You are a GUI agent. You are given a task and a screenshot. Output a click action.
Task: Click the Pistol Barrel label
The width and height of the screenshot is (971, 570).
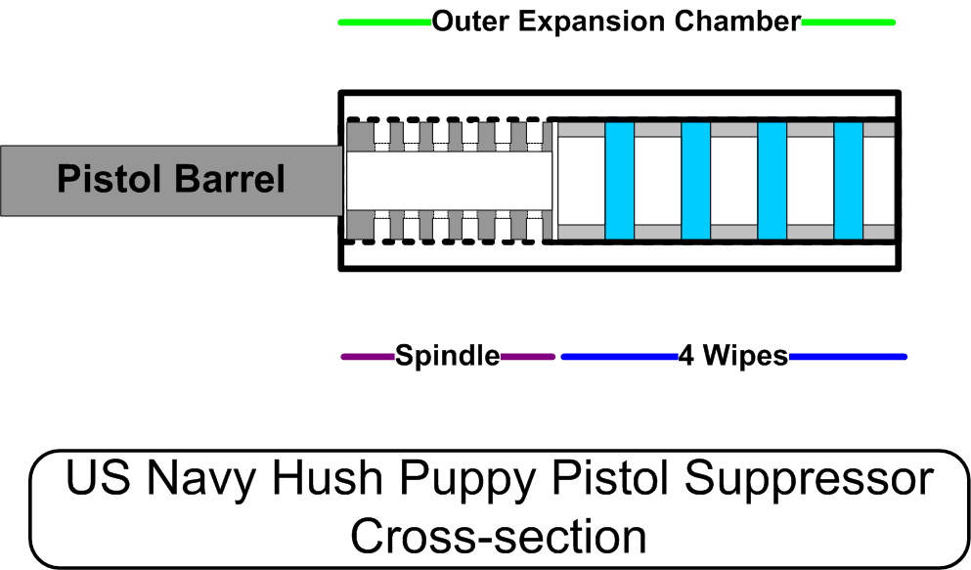[x=171, y=180]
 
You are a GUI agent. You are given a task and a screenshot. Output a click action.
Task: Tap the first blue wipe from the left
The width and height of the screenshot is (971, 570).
[x=619, y=181]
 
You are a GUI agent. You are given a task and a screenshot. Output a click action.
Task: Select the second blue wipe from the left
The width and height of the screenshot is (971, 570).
[x=695, y=181]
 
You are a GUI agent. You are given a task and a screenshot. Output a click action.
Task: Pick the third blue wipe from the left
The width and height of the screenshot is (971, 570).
[x=772, y=181]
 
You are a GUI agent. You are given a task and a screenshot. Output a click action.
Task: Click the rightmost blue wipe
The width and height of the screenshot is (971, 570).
[x=848, y=181]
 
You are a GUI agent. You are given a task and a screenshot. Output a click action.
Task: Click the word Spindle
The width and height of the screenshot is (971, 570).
[x=447, y=357]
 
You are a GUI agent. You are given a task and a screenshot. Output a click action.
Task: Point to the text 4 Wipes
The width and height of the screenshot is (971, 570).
[x=732, y=357]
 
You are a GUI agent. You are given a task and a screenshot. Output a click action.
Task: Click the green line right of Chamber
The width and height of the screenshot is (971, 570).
[x=847, y=22]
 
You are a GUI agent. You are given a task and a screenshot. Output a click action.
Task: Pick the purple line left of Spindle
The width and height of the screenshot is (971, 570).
[x=368, y=357]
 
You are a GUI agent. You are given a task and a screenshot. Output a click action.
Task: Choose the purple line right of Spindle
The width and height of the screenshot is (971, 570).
[x=527, y=357]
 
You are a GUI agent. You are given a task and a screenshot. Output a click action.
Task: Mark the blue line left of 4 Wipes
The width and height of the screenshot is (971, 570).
[x=619, y=357]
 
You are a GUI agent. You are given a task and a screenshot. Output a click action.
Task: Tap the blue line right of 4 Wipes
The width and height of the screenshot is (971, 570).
[x=847, y=357]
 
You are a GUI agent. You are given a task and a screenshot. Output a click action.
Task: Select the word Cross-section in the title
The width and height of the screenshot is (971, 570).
[x=498, y=536]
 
